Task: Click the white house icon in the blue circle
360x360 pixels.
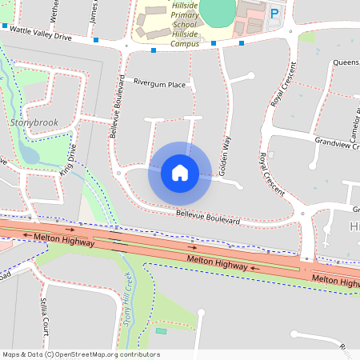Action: (x=180, y=173)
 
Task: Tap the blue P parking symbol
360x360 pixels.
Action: (x=274, y=13)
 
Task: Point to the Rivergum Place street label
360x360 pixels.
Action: (x=159, y=84)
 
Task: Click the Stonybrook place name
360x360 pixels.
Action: (x=36, y=122)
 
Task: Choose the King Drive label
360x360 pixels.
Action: (x=69, y=160)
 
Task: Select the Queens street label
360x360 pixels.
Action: (x=346, y=62)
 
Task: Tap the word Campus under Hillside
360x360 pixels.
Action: (x=186, y=44)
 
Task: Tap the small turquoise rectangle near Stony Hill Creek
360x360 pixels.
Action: (x=162, y=330)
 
